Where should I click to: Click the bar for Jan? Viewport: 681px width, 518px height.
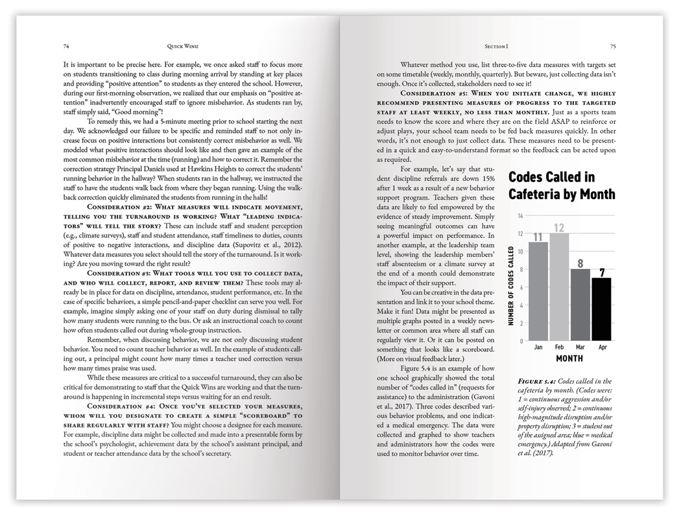[538, 292]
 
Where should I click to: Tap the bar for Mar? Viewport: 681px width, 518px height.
[580, 305]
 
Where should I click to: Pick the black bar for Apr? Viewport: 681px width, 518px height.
[601, 309]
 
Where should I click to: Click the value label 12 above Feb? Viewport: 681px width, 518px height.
[559, 228]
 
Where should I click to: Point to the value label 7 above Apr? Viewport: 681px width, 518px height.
[602, 272]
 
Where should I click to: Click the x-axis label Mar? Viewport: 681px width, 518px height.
[580, 347]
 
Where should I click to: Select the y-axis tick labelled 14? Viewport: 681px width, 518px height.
[520, 215]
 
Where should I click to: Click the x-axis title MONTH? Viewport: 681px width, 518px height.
[569, 359]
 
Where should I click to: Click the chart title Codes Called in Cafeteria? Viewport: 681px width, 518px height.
[562, 185]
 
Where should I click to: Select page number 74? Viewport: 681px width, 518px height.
[67, 47]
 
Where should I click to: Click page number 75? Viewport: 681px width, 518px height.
[613, 47]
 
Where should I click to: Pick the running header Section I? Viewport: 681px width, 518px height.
[496, 47]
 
